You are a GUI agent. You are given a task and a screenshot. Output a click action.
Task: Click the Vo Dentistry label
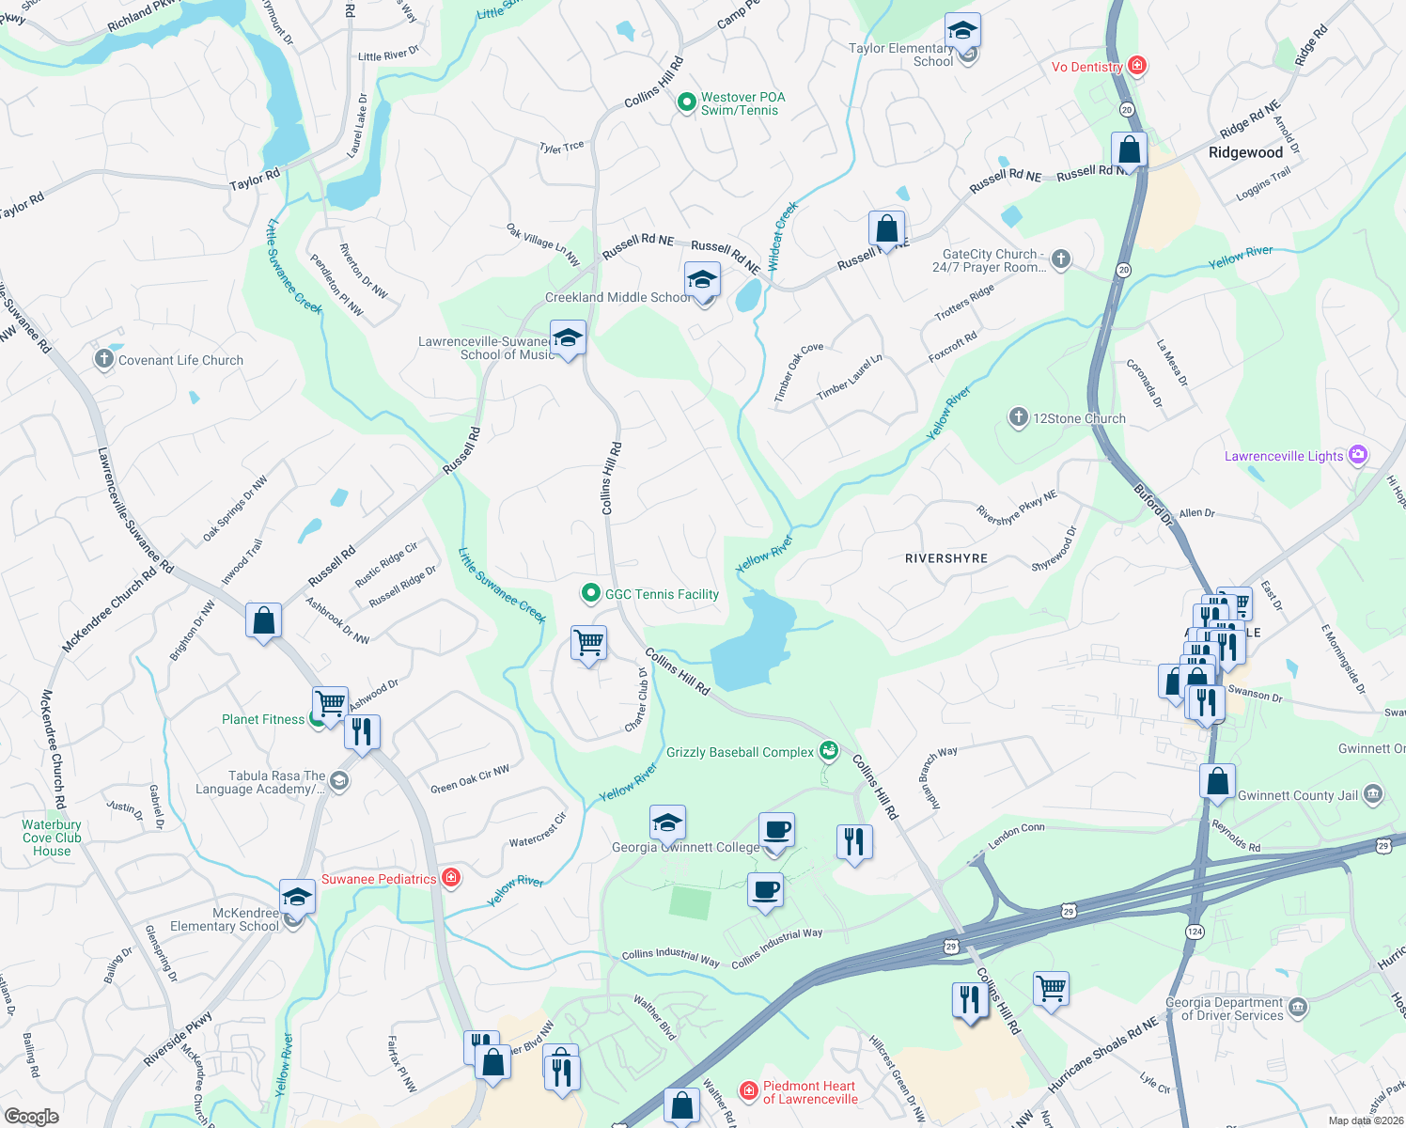pos(1086,67)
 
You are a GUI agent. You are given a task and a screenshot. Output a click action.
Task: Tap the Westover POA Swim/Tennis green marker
pos(686,102)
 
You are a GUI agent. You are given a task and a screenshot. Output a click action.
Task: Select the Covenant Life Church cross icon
pos(103,359)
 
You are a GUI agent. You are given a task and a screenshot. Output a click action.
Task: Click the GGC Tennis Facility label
pos(662,594)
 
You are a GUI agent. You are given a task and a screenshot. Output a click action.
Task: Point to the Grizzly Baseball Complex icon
pos(828,750)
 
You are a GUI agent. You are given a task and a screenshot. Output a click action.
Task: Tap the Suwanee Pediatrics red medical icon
pos(451,878)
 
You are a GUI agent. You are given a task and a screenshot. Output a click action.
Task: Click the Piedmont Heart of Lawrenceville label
pos(809,1092)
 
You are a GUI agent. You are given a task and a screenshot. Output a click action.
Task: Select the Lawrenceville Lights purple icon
pos(1357,455)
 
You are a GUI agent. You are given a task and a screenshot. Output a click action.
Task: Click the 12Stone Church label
pos(1079,418)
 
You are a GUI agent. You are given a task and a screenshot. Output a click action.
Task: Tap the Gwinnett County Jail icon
pos(1373,794)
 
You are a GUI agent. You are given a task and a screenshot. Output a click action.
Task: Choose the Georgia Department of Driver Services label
pos(1224,1009)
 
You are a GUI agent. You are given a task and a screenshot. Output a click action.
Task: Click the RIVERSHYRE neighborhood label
pos(945,558)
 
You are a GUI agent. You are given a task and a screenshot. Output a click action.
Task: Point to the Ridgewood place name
pos(1245,152)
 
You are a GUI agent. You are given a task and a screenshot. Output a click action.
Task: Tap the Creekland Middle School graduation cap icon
pos(702,280)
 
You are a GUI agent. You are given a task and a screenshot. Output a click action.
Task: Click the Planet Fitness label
pos(263,719)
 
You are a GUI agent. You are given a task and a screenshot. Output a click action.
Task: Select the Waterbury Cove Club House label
pos(52,838)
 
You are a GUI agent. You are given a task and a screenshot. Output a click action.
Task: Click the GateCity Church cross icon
pos(1061,258)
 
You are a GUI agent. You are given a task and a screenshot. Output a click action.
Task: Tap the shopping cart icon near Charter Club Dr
pos(589,644)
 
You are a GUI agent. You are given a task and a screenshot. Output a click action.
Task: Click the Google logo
pos(32,1116)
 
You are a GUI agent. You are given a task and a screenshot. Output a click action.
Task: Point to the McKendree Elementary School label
pos(225,919)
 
